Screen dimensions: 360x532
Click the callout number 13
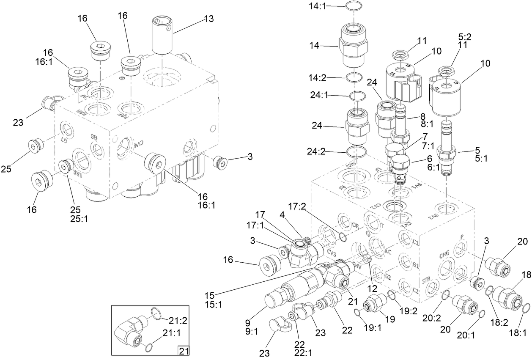(x=208, y=19)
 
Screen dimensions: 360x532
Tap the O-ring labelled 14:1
(x=353, y=6)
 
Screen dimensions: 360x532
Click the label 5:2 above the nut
(x=465, y=36)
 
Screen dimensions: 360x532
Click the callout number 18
(x=515, y=275)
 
